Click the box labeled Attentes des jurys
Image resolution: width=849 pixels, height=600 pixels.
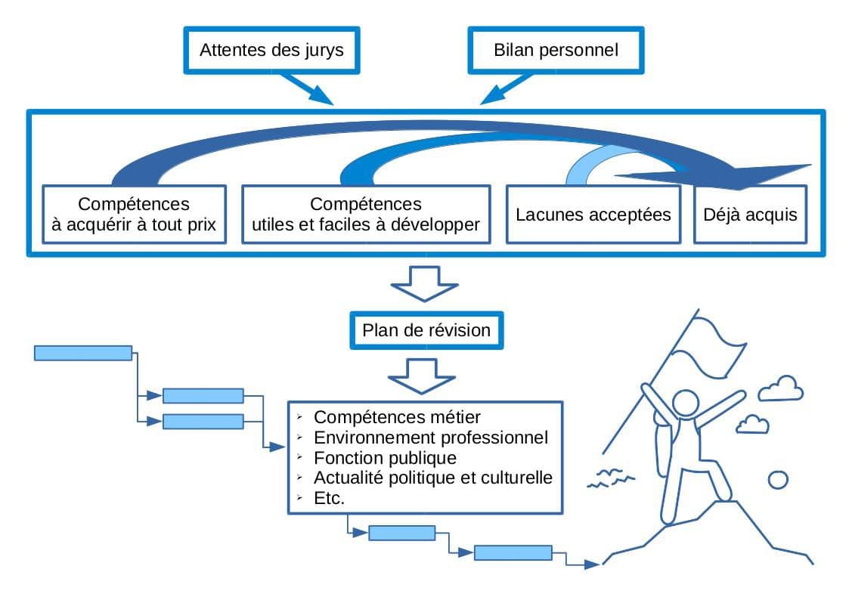point(271,51)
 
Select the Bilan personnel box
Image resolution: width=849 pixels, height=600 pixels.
point(556,51)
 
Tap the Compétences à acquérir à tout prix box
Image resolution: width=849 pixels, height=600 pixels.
point(135,215)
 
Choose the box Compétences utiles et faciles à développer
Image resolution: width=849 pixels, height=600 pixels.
point(366,215)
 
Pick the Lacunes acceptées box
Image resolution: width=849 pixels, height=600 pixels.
point(593,215)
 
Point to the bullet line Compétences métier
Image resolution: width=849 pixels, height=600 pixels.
point(397,417)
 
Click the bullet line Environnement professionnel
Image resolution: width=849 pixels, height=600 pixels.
point(430,438)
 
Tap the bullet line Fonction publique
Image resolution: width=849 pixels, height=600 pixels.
point(385,458)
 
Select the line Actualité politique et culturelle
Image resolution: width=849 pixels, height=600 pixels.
point(432,478)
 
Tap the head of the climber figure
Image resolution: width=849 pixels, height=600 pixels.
point(686,405)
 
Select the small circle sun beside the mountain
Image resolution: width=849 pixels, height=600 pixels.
point(777,479)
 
